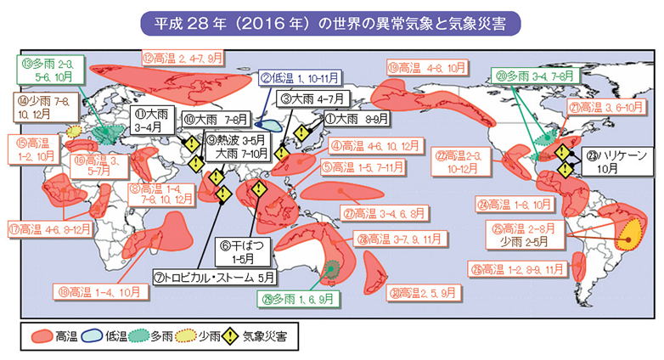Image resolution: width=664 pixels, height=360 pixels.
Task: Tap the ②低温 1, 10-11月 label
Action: [x=301, y=78]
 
